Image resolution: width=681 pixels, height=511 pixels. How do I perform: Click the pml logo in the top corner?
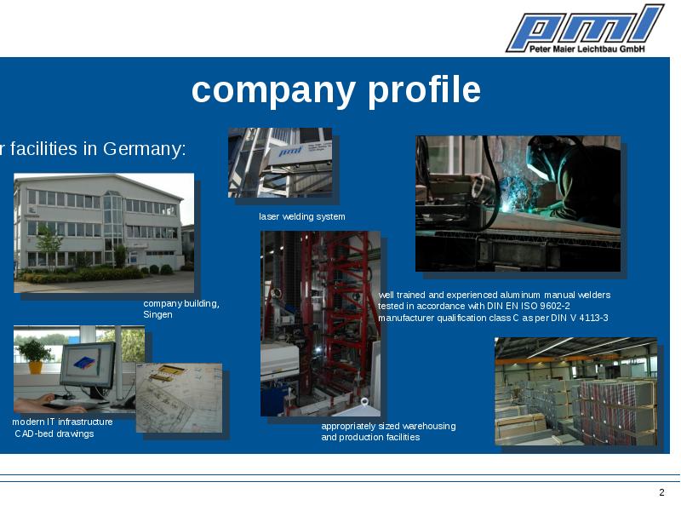point(585,28)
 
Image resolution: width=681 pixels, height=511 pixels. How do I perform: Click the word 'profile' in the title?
point(424,91)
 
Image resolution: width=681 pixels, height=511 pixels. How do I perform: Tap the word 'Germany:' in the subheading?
point(145,149)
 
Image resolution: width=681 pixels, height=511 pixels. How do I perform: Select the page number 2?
point(661,492)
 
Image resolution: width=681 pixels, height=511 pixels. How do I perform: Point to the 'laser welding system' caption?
point(302,216)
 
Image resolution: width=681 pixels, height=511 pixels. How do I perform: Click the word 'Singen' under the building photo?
point(157,314)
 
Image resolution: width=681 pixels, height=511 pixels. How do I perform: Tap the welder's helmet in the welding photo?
point(541,158)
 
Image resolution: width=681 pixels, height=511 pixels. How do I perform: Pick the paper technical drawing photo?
point(179,398)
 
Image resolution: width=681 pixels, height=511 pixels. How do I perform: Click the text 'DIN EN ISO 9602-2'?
point(528,306)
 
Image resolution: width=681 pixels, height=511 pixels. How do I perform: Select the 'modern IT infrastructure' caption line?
point(62,422)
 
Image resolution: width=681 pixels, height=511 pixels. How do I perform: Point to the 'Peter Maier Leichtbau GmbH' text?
point(587,49)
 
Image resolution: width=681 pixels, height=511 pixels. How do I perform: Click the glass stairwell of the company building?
point(113,226)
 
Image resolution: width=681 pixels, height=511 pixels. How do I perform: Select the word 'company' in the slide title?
point(273,91)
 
